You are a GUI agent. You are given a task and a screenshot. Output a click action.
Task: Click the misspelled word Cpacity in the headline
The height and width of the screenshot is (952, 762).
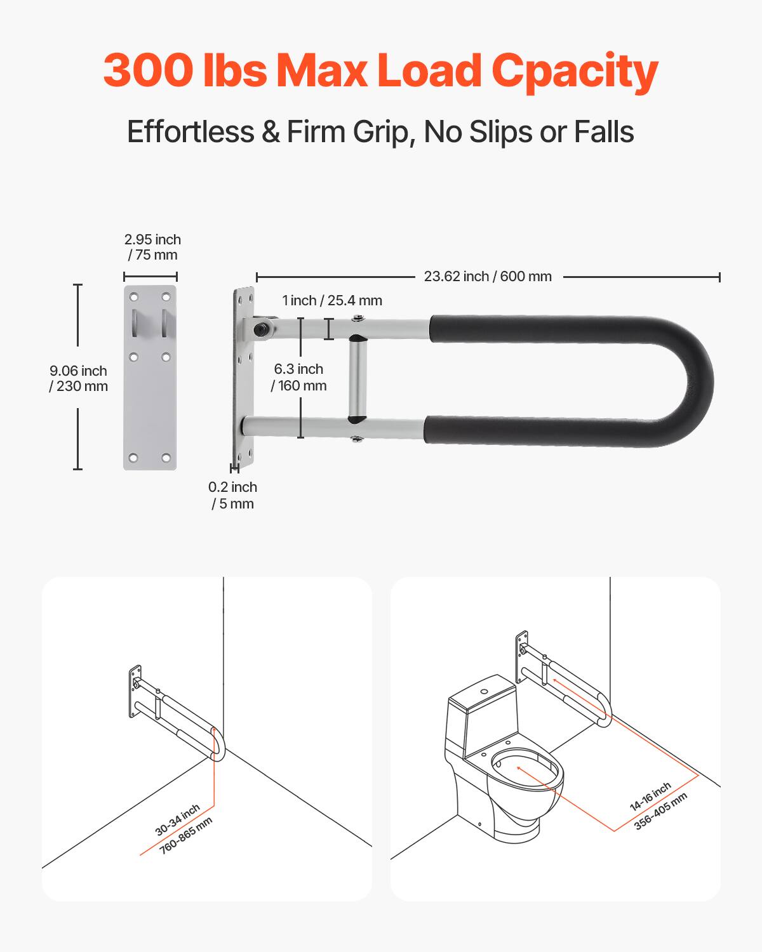(575, 71)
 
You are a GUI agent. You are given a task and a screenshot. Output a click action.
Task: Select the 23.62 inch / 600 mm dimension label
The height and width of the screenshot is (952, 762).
(488, 277)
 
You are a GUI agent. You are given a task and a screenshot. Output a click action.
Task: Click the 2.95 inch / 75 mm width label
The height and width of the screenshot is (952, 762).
(152, 248)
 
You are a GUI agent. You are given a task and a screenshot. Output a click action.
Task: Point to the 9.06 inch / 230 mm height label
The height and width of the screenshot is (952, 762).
(79, 378)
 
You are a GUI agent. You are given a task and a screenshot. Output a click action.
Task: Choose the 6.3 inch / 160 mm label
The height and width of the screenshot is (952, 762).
(298, 377)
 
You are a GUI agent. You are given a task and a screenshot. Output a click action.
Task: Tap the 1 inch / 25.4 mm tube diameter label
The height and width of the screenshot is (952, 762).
(332, 301)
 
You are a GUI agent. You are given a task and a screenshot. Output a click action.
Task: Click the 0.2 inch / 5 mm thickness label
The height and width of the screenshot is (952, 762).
(232, 495)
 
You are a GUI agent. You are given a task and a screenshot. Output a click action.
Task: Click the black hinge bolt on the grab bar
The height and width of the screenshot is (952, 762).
(260, 329)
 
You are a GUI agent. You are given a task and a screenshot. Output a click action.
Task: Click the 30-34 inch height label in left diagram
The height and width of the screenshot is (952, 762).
(177, 819)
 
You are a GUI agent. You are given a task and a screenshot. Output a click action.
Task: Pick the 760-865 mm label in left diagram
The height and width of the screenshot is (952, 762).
(185, 835)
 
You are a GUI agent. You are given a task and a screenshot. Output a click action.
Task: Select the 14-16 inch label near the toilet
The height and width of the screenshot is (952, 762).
(650, 797)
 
